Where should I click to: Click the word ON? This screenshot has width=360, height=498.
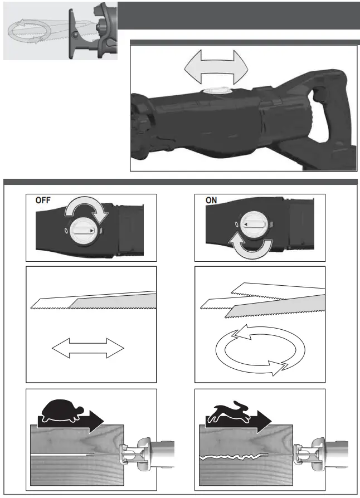coord(212,201)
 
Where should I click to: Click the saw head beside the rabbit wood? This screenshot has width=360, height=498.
coord(312,454)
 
